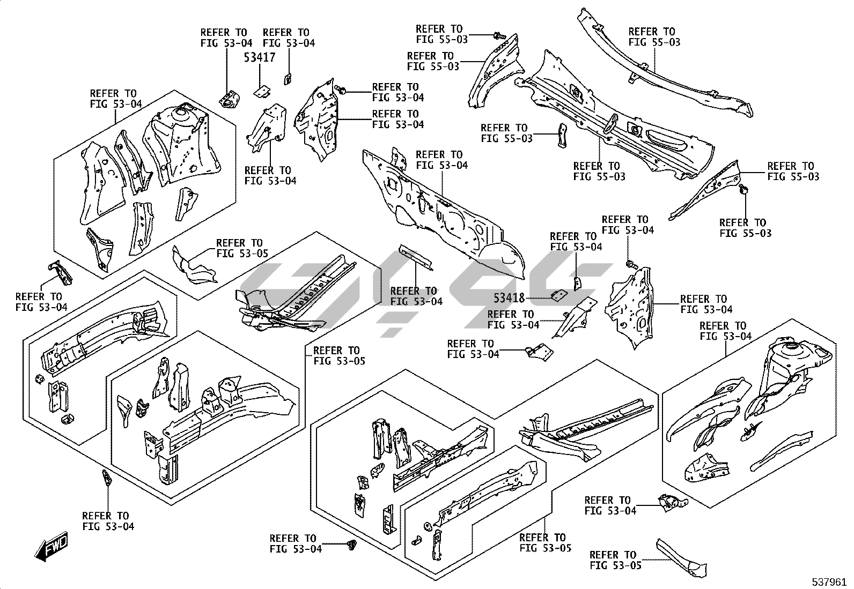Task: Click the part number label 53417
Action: [260, 57]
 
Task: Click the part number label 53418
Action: [509, 297]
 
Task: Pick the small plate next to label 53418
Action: [559, 295]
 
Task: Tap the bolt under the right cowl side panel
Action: [744, 189]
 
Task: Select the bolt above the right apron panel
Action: [631, 264]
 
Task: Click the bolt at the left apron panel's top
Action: [341, 89]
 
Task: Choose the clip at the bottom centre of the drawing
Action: [352, 545]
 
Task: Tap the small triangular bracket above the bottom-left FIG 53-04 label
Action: [106, 478]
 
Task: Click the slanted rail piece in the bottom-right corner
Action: [681, 557]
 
